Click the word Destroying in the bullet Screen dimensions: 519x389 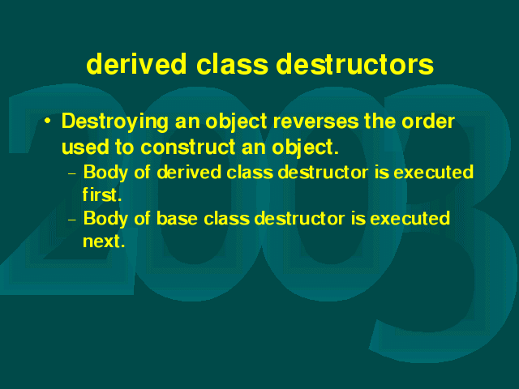[x=115, y=122]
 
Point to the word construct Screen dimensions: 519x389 [x=187, y=147]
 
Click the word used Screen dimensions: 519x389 [x=85, y=147]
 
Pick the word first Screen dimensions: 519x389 [x=102, y=194]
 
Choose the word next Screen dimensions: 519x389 [x=104, y=242]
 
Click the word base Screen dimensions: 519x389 [x=177, y=218]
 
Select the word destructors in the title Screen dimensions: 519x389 [x=355, y=64]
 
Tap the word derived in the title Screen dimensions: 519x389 [x=136, y=64]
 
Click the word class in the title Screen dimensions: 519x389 [x=232, y=64]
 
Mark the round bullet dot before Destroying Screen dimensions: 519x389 [x=48, y=121]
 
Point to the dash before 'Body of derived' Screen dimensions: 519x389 [x=72, y=173]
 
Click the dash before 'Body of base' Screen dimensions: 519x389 [x=72, y=220]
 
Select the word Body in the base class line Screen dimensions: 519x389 [x=105, y=219]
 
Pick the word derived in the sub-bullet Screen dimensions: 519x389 [x=189, y=173]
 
